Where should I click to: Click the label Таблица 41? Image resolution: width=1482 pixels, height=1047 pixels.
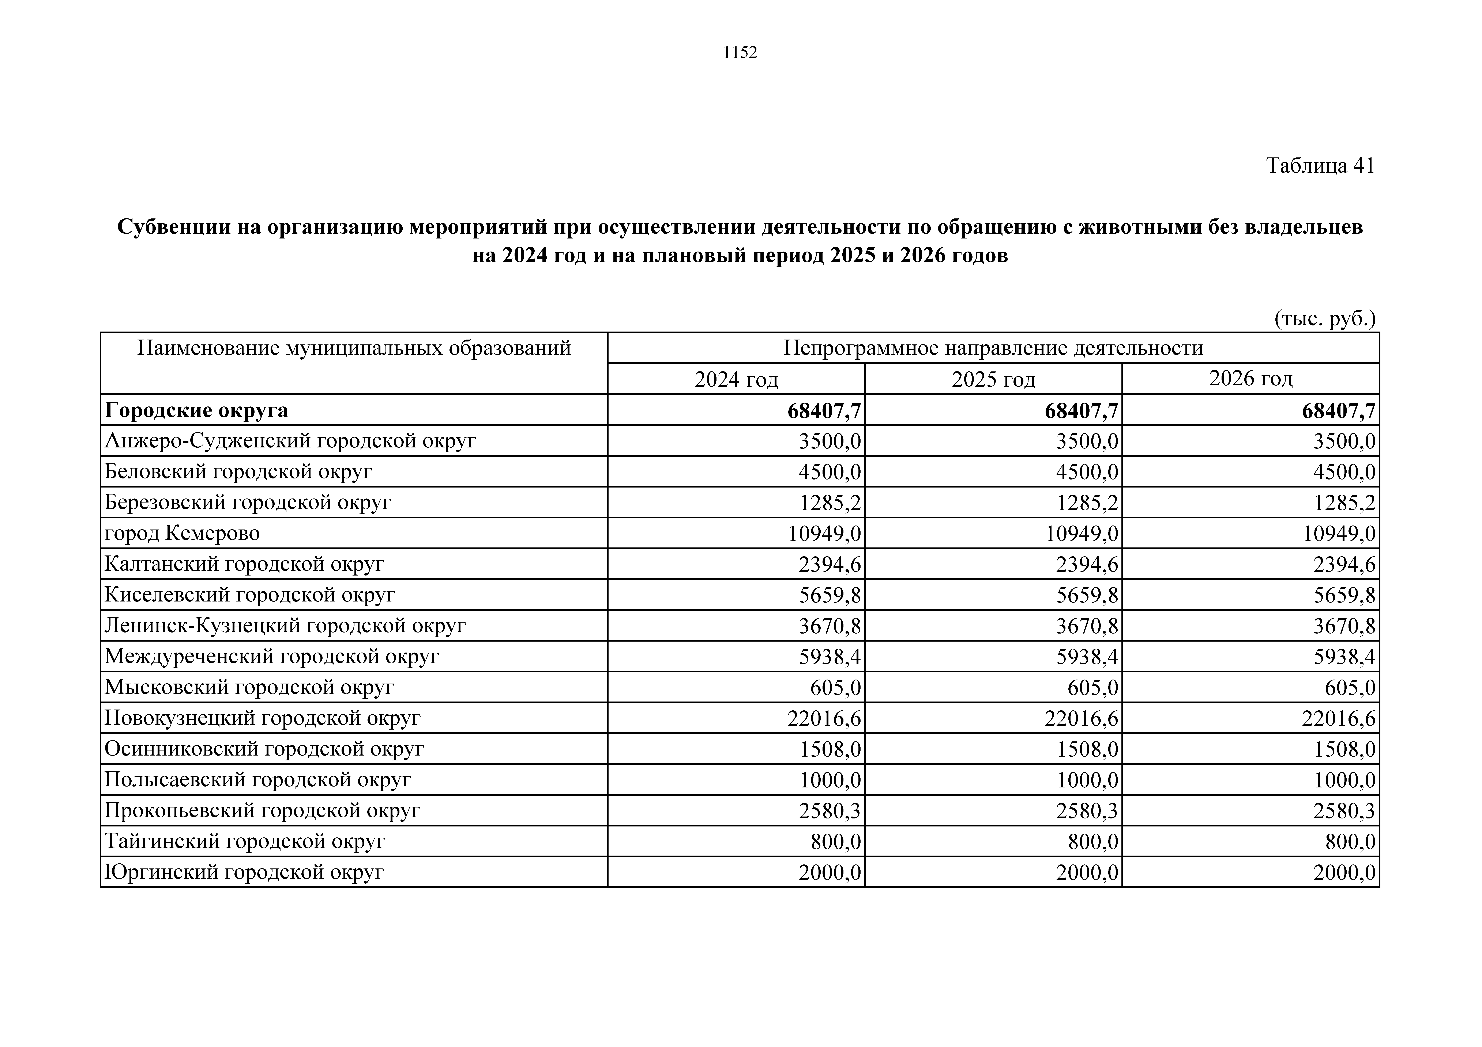coord(1320,166)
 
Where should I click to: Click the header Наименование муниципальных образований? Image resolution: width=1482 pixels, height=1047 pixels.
coord(354,348)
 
